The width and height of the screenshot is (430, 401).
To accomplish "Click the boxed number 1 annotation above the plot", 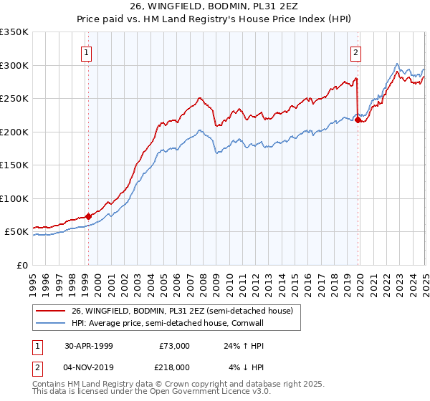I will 87,52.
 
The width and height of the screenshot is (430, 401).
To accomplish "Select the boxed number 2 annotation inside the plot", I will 356,52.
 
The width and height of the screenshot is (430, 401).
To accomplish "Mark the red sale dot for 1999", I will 89,216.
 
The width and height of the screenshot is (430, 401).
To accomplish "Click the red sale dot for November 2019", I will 358,120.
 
